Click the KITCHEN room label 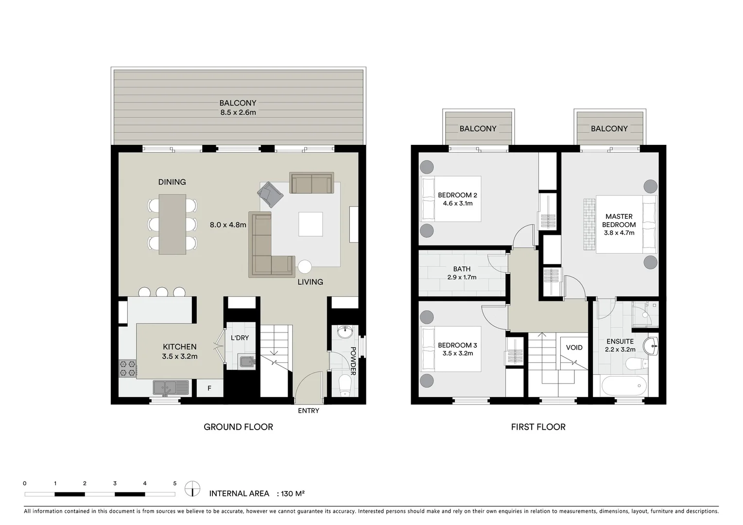(179, 347)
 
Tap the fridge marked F (209, 388)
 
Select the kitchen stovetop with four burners (128, 368)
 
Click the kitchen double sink (171, 387)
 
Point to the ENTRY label (308, 411)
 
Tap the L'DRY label (240, 337)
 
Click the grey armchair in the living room (271, 194)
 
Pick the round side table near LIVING (305, 267)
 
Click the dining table (173, 224)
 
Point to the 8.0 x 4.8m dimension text (228, 225)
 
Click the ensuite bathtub (624, 387)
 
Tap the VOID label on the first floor (574, 348)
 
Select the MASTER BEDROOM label (619, 221)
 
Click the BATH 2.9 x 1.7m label (462, 273)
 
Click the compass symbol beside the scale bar (192, 489)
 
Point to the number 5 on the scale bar (175, 484)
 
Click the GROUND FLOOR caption (238, 427)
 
